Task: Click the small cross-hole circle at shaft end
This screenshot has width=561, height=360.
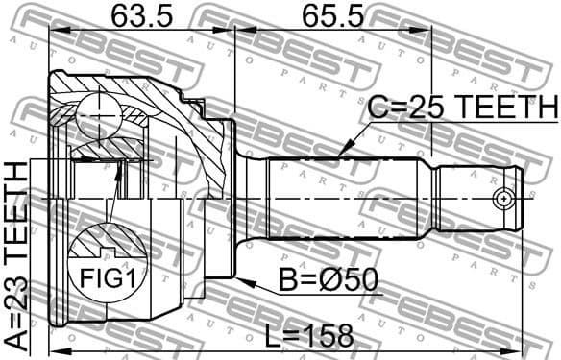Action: coord(501,199)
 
